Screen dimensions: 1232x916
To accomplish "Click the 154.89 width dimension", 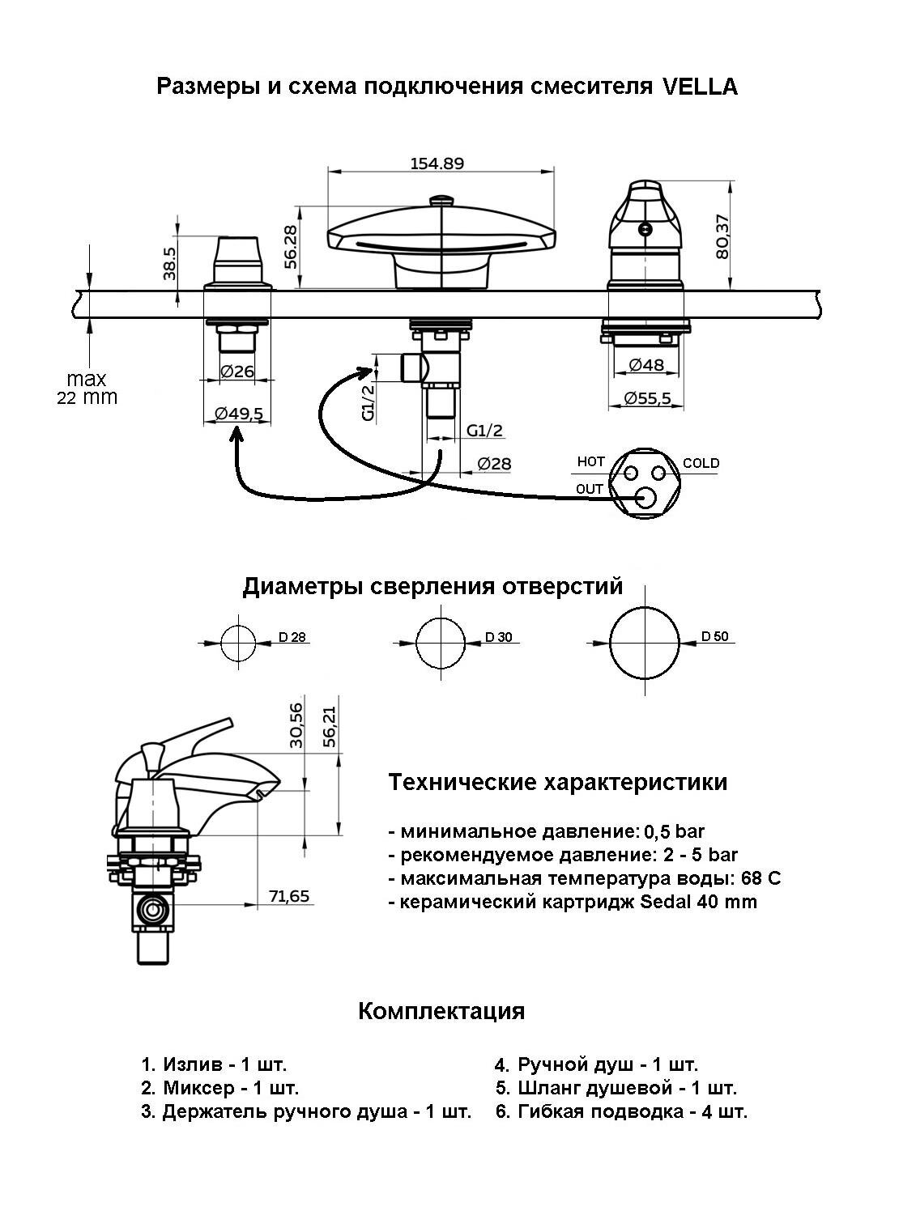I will click(437, 164).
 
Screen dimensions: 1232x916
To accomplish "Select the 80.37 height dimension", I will click(722, 236).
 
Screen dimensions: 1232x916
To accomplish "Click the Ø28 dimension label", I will click(494, 463).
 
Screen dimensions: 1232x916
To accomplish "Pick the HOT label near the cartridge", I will click(590, 461).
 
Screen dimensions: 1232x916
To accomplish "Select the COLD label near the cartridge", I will click(701, 463).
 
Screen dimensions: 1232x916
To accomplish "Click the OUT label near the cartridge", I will click(590, 488).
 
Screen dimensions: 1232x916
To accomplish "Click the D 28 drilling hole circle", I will click(238, 643).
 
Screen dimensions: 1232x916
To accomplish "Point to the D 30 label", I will click(499, 637).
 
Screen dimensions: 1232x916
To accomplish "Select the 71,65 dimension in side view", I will click(289, 896).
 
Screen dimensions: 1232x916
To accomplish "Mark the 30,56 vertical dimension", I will click(296, 724).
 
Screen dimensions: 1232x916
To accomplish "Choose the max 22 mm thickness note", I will click(87, 388).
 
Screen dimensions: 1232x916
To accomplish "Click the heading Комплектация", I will click(441, 1011).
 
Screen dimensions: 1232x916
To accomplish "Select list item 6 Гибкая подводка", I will click(621, 1111).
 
